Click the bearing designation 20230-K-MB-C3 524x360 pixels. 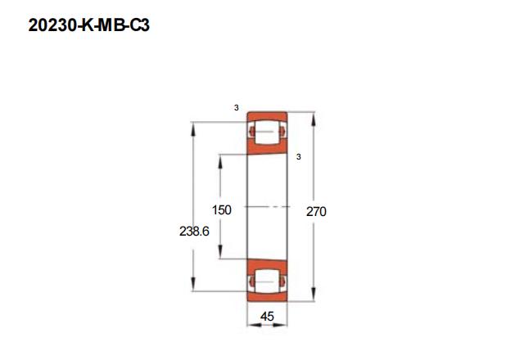point(89,25)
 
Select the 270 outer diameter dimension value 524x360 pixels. point(316,212)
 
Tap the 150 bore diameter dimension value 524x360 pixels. point(222,210)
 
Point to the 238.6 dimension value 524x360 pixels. point(194,231)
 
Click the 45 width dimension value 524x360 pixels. point(267,317)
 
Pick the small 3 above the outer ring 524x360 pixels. point(237,108)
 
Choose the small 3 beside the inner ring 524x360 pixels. point(299,156)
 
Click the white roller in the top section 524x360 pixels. point(266,132)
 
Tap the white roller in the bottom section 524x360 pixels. point(266,281)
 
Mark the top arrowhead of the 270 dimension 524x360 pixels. point(313,119)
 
